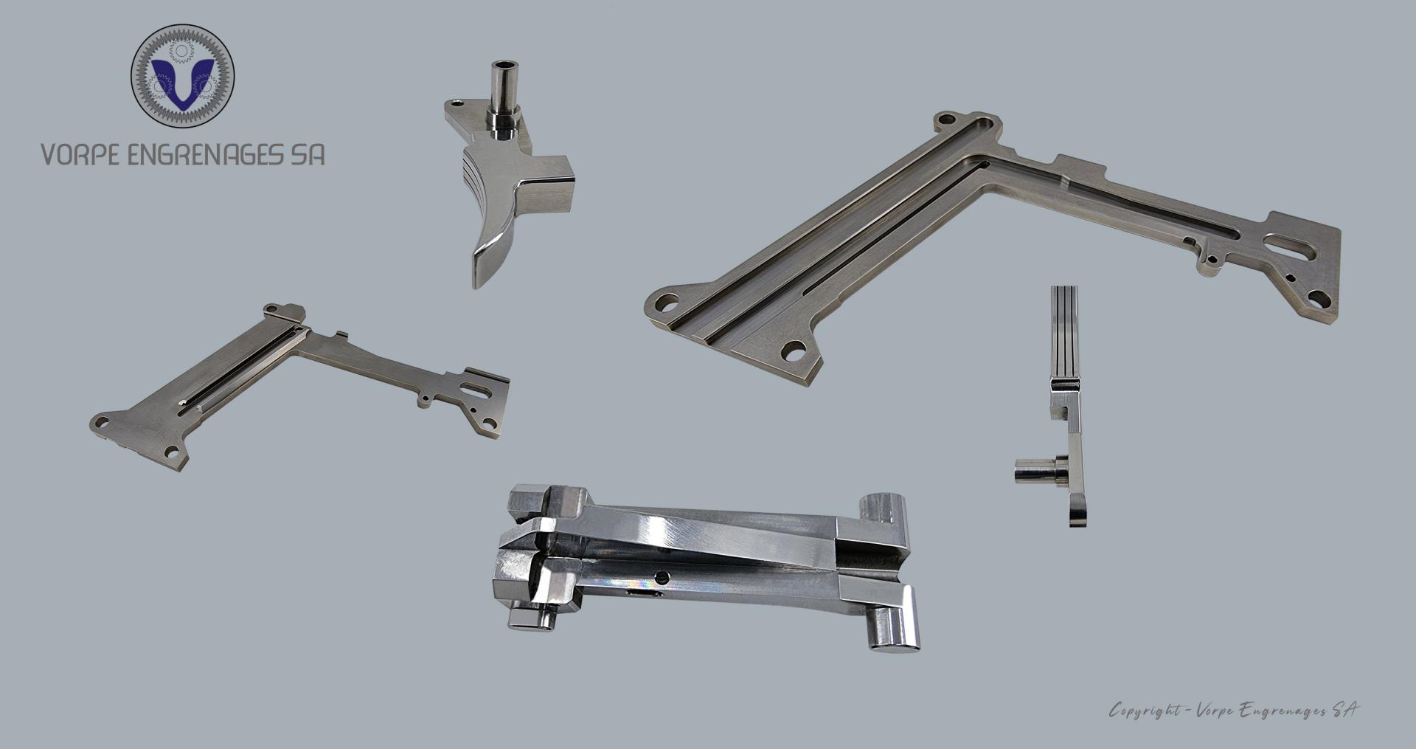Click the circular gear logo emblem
pyautogui.click(x=182, y=76)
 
